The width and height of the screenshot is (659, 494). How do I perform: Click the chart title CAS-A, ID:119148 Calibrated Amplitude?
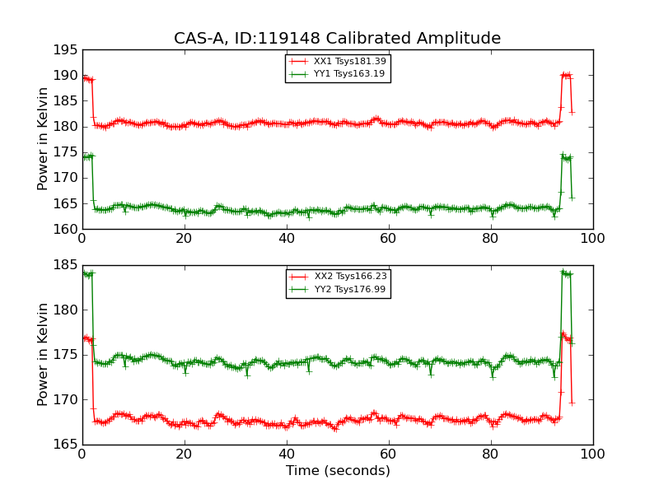click(337, 39)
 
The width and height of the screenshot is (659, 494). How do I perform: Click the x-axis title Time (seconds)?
click(338, 471)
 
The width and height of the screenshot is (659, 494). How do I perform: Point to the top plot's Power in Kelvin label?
click(44, 138)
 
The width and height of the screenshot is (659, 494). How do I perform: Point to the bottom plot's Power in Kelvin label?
click(44, 354)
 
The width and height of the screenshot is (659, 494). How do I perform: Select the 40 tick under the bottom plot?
click(286, 454)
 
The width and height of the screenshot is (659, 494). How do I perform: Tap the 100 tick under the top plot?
click(592, 238)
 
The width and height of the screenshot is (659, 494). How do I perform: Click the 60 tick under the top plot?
click(388, 238)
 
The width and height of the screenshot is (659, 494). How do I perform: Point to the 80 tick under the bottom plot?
click(490, 454)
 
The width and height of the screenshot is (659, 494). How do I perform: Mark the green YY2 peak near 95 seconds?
click(564, 272)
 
